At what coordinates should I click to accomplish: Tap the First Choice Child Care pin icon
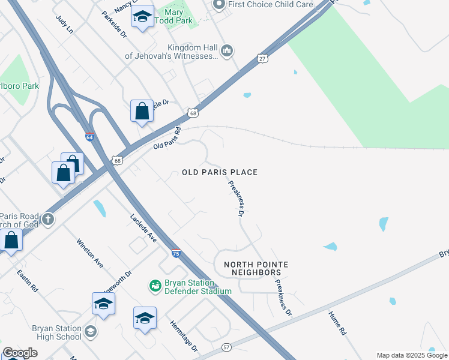pyautogui.click(x=218, y=4)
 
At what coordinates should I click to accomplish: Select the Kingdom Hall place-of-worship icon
pyautogui.click(x=227, y=51)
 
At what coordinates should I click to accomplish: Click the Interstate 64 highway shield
pyautogui.click(x=89, y=137)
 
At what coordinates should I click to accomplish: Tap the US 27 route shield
pyautogui.click(x=262, y=58)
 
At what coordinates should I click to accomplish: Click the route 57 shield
pyautogui.click(x=226, y=347)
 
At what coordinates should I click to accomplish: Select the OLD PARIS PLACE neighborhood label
pyautogui.click(x=220, y=172)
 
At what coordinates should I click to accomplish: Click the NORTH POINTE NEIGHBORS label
pyautogui.click(x=256, y=268)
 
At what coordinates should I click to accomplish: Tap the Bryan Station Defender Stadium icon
pyautogui.click(x=155, y=286)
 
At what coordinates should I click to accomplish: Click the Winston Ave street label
pyautogui.click(x=90, y=253)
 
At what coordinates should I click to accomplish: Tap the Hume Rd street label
pyautogui.click(x=337, y=323)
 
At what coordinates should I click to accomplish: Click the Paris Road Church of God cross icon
pyautogui.click(x=48, y=220)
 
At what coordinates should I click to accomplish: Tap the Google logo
pyautogui.click(x=20, y=353)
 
